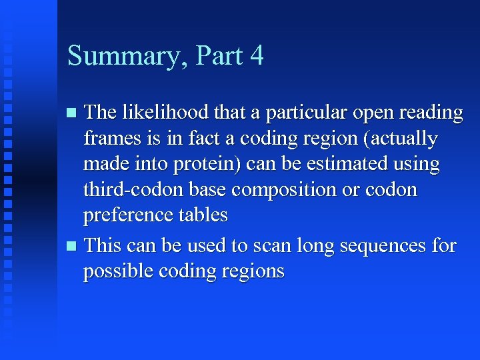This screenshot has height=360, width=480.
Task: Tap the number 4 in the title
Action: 257,55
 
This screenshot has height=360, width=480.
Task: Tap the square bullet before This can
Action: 73,246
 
